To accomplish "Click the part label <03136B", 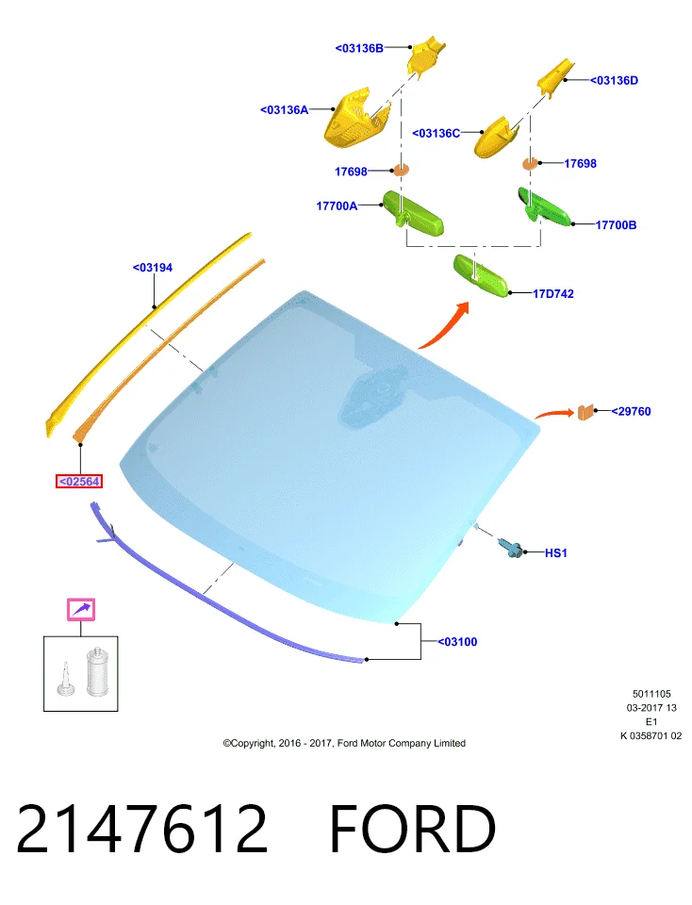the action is click(359, 48).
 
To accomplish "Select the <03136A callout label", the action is click(284, 109).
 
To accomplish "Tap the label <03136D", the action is click(614, 80).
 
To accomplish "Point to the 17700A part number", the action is click(337, 206).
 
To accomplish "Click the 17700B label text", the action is click(616, 224).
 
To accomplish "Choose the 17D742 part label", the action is click(552, 294).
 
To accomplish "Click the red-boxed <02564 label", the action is click(79, 481).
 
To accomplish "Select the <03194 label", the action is click(153, 267).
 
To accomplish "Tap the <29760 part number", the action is click(631, 411).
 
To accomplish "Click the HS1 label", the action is click(556, 553).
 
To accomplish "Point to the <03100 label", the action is click(457, 641).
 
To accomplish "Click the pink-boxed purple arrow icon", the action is click(81, 610).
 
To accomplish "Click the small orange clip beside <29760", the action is click(585, 412).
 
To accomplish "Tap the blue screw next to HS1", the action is click(511, 547).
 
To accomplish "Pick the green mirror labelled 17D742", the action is click(481, 275).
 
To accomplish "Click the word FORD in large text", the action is click(413, 829).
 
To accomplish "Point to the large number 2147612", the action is click(142, 829).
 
